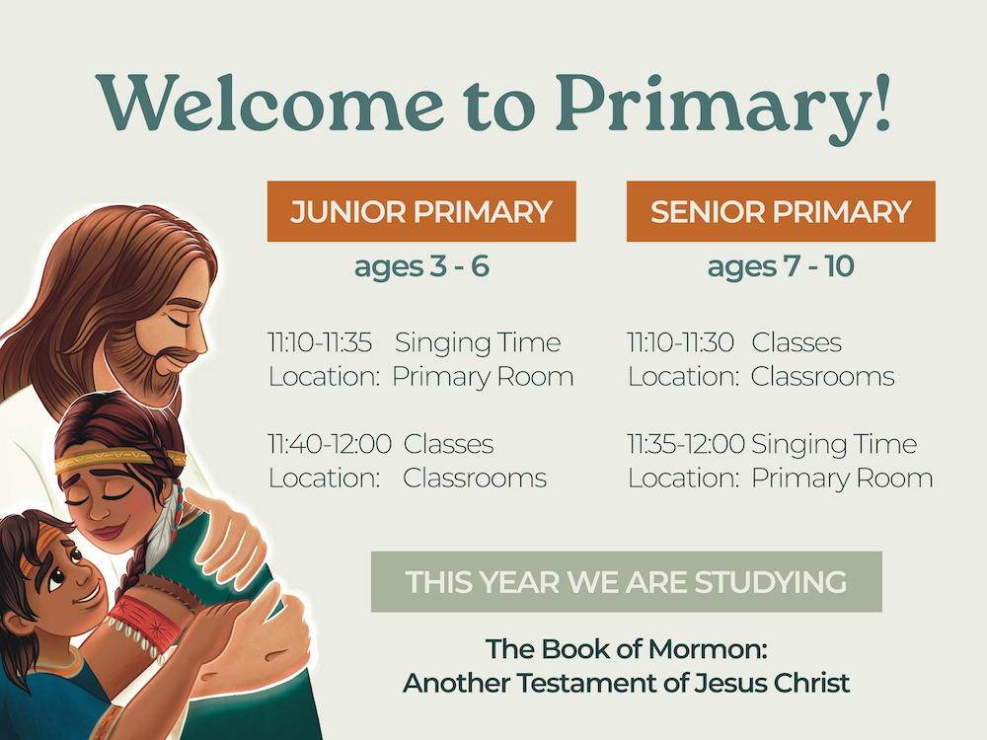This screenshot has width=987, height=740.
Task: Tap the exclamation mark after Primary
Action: (x=881, y=102)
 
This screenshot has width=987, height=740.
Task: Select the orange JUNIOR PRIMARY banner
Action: (x=421, y=211)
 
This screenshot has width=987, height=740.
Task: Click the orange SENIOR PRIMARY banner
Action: (x=781, y=211)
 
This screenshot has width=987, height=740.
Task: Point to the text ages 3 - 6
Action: (x=421, y=266)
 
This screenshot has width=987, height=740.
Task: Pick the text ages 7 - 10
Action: (x=781, y=266)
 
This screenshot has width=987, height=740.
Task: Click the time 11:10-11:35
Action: (x=320, y=342)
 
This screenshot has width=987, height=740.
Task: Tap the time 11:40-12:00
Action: (x=330, y=444)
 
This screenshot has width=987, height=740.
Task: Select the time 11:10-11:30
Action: (x=680, y=342)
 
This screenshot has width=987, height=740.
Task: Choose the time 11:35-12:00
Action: (x=686, y=444)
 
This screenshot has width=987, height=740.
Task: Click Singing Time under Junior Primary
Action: (x=478, y=343)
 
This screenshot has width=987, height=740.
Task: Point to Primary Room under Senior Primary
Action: (x=842, y=479)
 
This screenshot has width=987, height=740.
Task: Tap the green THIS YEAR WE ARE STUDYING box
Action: (x=627, y=582)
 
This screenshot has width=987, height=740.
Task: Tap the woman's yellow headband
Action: (x=119, y=461)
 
